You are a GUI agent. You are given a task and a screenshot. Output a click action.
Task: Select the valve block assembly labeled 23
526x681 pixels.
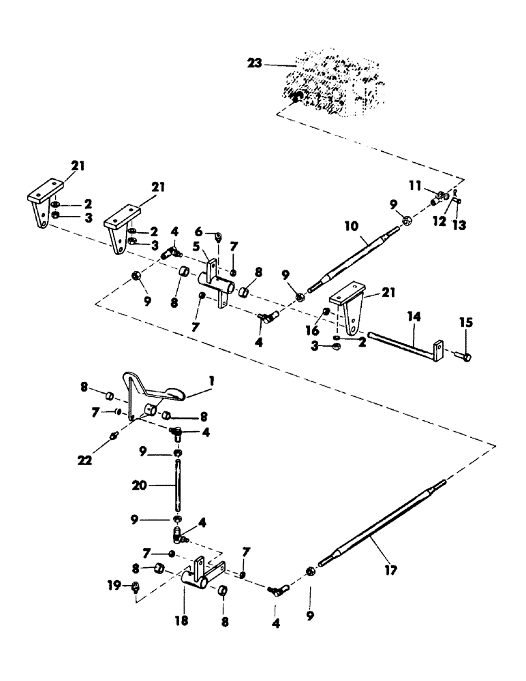330,82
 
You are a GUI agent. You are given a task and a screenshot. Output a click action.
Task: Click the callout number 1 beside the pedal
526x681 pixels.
211,383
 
